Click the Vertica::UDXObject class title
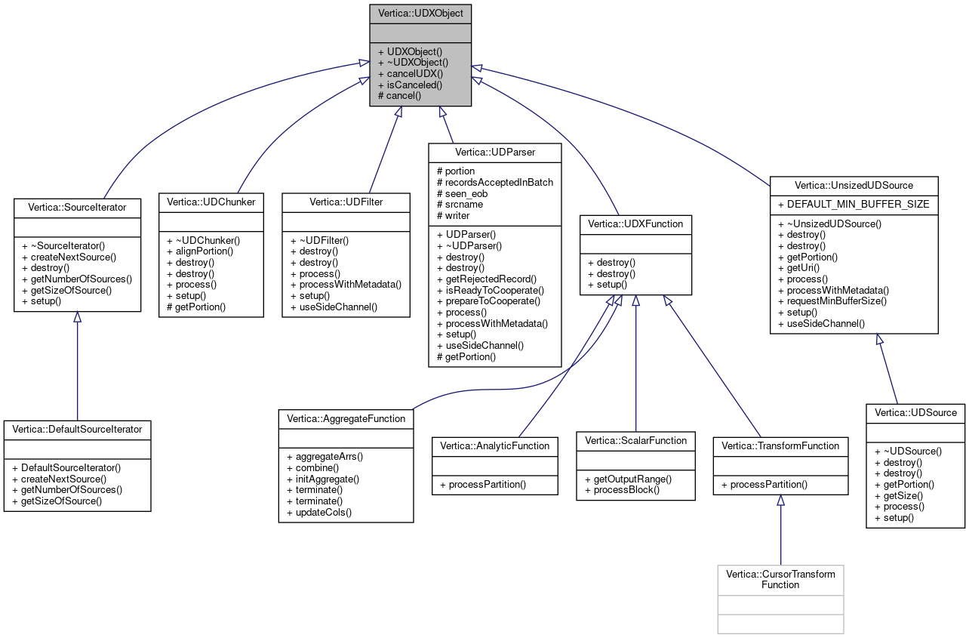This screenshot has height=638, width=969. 420,14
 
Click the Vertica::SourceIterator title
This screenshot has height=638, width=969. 77,206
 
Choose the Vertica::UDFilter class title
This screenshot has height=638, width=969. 346,202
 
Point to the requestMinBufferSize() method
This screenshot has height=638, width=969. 832,301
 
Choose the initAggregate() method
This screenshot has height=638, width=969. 323,479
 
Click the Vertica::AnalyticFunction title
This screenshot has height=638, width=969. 494,445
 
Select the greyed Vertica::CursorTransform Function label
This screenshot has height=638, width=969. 780,579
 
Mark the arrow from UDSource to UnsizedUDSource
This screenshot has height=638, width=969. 888,369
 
